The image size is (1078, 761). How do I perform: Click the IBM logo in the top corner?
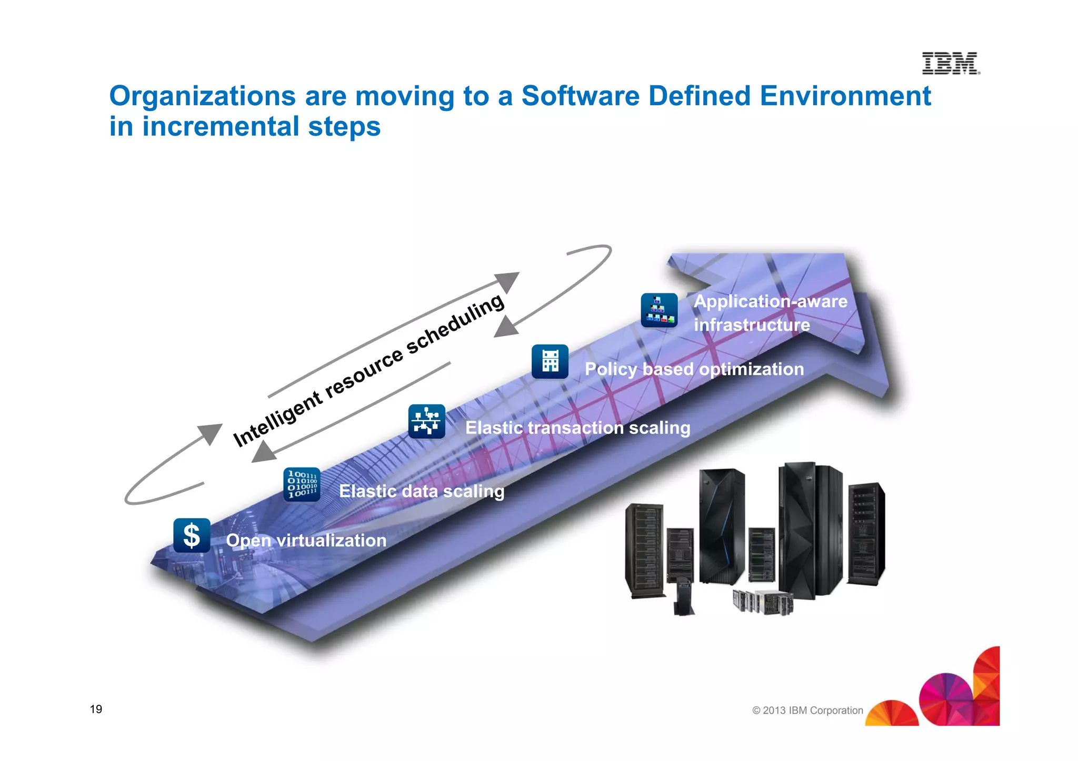pos(951,63)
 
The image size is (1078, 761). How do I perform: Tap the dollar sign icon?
pos(192,535)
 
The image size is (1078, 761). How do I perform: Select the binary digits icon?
pos(302,484)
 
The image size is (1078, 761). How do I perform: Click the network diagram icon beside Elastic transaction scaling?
pos(426,421)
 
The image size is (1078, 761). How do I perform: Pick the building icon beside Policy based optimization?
pos(550,361)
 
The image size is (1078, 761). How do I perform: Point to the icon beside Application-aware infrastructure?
pos(659,310)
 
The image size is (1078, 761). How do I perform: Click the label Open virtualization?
pos(306,541)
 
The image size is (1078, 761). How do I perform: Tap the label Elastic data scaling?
pos(421,491)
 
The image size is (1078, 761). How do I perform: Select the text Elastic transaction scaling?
pos(577,428)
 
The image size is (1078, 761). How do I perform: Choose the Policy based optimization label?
pos(694,369)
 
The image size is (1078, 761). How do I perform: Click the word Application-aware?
pos(770,301)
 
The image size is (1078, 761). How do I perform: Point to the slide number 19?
pos(96,709)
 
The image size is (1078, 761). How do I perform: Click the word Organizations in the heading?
pos(203,96)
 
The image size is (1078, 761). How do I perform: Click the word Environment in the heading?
pos(845,96)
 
